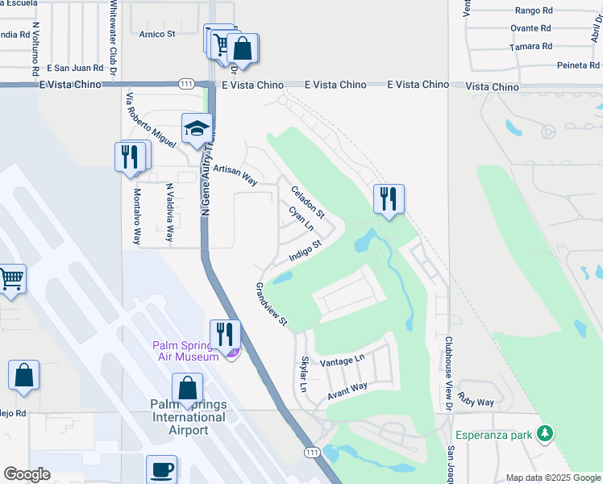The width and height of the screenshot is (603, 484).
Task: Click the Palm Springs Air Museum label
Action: tap(186, 351)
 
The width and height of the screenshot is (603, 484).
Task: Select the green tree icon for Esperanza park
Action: tap(546, 435)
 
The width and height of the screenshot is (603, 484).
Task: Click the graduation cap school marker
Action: tap(197, 129)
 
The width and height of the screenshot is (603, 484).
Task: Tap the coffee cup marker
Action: tap(161, 469)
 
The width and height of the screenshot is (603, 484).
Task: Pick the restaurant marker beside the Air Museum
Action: tap(225, 334)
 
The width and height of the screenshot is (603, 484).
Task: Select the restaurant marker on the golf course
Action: tap(389, 198)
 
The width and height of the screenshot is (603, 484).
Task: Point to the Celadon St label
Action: tap(307, 202)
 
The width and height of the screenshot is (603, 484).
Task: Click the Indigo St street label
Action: tap(306, 251)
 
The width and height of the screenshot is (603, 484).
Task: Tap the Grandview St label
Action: tap(272, 304)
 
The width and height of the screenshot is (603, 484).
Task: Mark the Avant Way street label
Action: tap(347, 391)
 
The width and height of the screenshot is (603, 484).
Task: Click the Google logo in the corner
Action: tap(27, 474)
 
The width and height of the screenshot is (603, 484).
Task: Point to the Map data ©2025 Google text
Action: tap(553, 478)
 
